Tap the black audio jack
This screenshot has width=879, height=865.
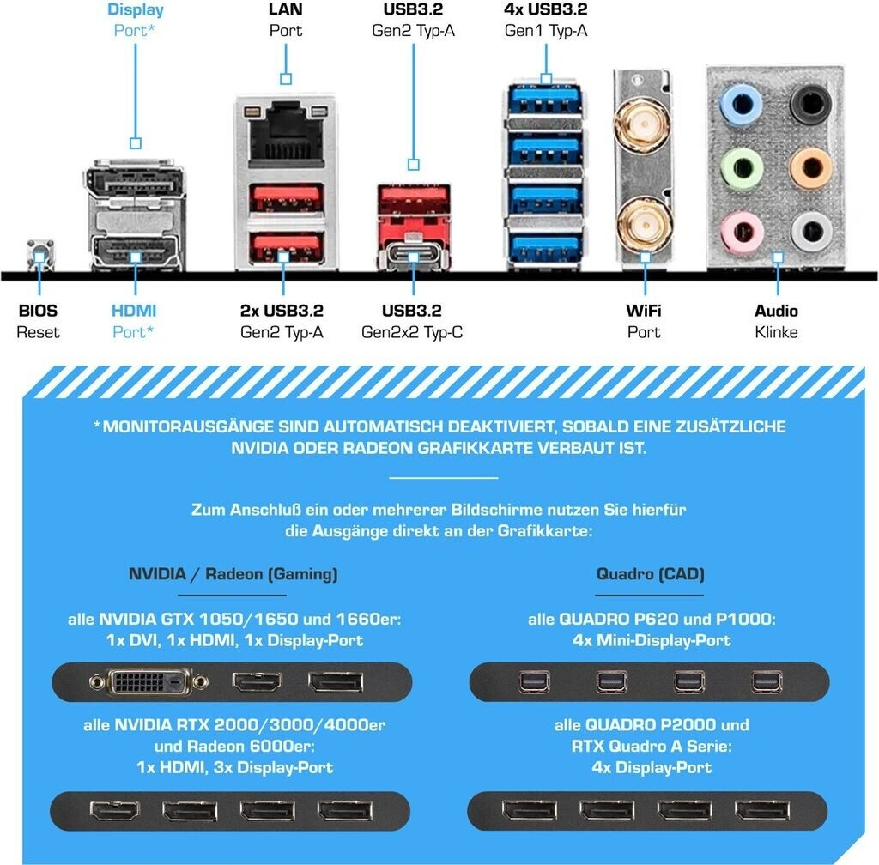click(x=809, y=105)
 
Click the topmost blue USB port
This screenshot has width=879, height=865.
click(x=546, y=101)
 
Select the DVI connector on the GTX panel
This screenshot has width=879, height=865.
click(x=149, y=682)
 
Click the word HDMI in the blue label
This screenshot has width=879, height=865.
click(x=134, y=311)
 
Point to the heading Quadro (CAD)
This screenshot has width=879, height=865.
click(x=650, y=574)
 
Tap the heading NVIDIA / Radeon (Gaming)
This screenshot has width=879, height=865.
click(x=233, y=574)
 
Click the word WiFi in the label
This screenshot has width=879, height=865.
click(x=643, y=311)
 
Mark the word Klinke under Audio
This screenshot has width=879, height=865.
click(x=776, y=332)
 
